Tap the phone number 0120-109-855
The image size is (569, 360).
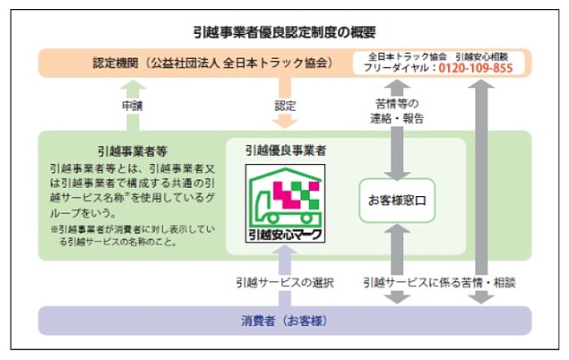[480, 69]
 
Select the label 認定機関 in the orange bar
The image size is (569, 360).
[119, 64]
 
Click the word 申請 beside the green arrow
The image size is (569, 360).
[132, 107]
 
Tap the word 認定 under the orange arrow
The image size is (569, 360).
[284, 107]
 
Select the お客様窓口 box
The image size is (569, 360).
[395, 200]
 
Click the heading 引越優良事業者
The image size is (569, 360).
[286, 150]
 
